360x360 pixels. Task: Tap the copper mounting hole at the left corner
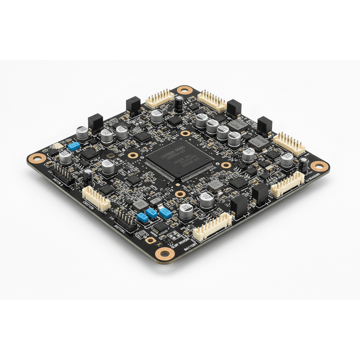(37, 158)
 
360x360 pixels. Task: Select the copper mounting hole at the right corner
(319, 166)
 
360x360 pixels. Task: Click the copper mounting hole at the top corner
(184, 90)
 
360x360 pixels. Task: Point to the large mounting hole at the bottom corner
(164, 254)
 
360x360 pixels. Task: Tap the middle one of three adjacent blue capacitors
(151, 213)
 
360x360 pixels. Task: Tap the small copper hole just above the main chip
(185, 133)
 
